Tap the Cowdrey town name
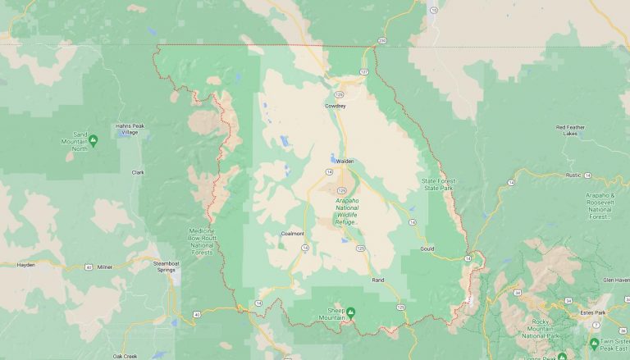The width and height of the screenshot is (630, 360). point(335,106)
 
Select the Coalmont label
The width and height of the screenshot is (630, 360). point(292,234)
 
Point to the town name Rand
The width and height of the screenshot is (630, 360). point(378,280)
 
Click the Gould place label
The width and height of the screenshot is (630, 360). point(427,248)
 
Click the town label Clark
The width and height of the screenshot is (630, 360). point(138,172)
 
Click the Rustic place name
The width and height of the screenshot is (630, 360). point(573,175)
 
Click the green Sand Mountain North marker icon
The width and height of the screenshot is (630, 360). point(93,141)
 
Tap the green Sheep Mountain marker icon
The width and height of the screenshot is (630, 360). point(350,312)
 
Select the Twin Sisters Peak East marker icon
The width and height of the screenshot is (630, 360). point(594,343)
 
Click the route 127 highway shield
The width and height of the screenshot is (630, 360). point(364,72)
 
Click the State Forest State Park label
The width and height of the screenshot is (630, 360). point(438,185)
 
